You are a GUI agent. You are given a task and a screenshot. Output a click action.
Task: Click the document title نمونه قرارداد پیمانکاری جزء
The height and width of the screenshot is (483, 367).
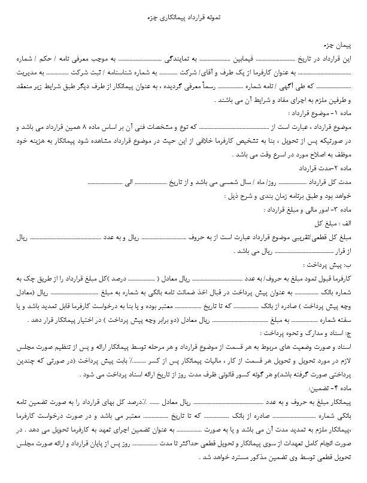(x=184, y=18)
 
